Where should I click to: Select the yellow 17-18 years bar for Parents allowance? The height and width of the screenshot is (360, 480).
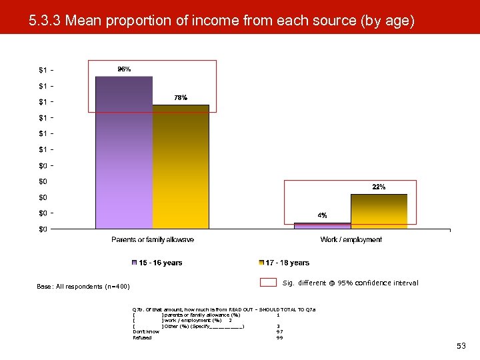[181, 167]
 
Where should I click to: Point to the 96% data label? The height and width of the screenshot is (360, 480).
[124, 69]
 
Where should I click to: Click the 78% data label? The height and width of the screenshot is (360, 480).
[181, 97]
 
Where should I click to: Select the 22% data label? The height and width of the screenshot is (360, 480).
[379, 187]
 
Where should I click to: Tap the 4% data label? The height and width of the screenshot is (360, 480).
[322, 215]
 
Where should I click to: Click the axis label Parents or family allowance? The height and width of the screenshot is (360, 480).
[153, 239]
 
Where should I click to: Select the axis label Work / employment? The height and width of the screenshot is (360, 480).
[351, 239]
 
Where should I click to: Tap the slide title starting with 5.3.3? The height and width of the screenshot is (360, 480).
[221, 21]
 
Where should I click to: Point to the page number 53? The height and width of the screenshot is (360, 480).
[461, 346]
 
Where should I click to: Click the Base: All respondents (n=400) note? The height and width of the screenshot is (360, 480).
[83, 287]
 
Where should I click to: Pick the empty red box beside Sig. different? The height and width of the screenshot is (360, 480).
[268, 283]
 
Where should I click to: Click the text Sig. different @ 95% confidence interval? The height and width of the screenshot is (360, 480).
[351, 283]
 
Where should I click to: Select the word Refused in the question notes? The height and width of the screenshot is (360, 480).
[142, 337]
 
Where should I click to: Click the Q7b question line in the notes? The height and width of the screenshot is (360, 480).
[224, 309]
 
